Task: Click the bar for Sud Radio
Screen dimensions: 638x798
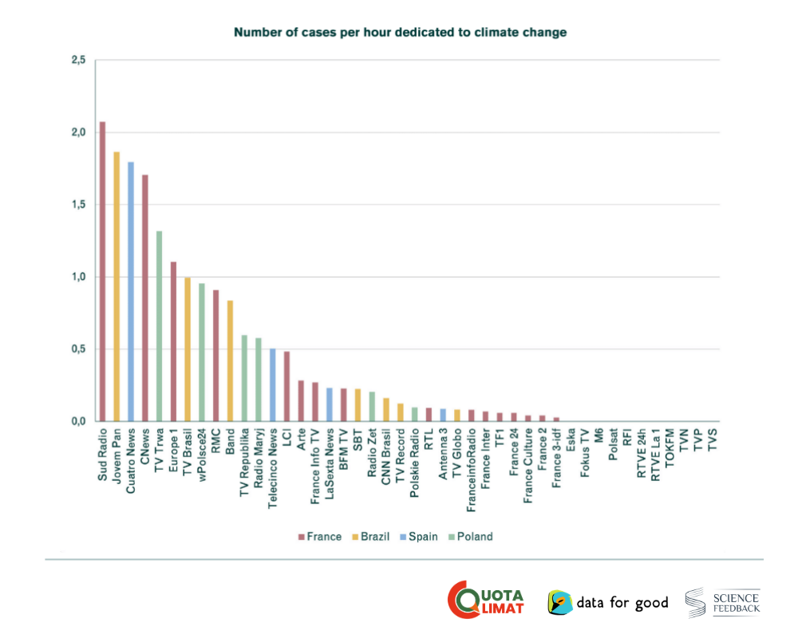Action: click(102, 271)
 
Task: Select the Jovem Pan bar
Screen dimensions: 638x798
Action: click(117, 286)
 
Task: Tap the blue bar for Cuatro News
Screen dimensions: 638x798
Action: click(131, 291)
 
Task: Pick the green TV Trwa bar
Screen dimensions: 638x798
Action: click(159, 326)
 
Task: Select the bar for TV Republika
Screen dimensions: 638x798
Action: click(244, 378)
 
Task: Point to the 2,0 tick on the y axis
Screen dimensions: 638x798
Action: click(77, 132)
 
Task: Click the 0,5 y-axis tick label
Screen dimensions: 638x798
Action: click(77, 349)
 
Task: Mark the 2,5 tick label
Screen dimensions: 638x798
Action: click(77, 60)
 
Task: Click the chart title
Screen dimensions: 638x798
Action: click(400, 33)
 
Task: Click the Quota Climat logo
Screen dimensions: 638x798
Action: click(486, 599)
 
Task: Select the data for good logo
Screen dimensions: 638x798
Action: click(608, 602)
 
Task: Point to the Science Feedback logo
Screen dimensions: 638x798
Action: click(723, 602)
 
